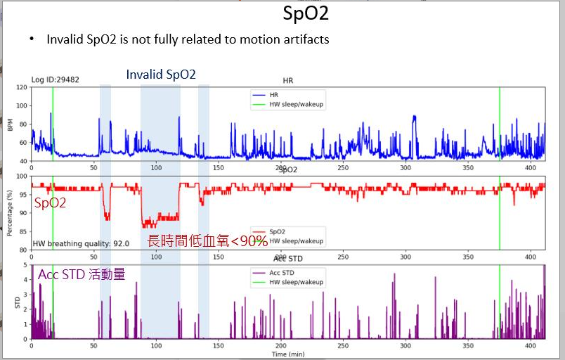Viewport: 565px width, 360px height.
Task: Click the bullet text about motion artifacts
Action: [188, 39]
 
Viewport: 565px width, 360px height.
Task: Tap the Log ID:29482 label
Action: [55, 79]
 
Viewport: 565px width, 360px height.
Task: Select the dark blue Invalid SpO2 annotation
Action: [161, 75]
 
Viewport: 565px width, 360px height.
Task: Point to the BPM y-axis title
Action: [10, 124]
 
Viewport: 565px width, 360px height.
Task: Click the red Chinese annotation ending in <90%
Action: [207, 241]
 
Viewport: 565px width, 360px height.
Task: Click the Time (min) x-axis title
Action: [288, 354]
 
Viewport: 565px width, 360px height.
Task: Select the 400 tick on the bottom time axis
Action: [528, 346]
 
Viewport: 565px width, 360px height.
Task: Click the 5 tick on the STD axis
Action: [25, 265]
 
